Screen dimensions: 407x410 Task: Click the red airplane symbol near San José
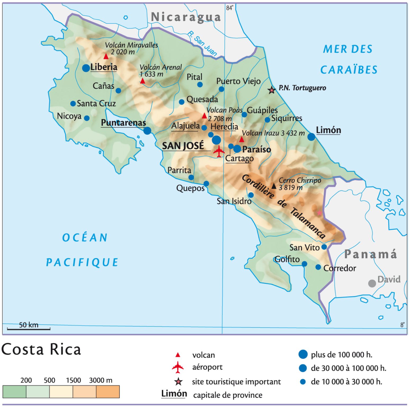click(x=219, y=151)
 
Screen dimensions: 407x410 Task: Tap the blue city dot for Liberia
click(x=86, y=68)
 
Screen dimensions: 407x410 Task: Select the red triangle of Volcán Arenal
click(x=143, y=81)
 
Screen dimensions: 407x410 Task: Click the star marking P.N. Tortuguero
click(x=272, y=90)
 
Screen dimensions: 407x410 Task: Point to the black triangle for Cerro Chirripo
click(x=274, y=186)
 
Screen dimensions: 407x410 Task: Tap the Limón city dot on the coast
click(x=311, y=137)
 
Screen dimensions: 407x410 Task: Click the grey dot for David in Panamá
click(x=372, y=283)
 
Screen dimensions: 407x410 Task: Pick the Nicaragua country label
click(x=186, y=17)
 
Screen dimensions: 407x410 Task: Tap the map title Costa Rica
click(x=41, y=350)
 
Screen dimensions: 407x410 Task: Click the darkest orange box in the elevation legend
click(x=108, y=392)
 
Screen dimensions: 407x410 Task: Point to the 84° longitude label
click(x=229, y=8)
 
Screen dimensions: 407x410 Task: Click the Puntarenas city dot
click(x=147, y=131)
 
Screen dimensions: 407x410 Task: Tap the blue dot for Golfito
click(x=304, y=264)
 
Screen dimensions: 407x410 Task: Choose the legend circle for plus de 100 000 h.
click(x=303, y=354)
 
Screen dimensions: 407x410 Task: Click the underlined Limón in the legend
click(x=174, y=394)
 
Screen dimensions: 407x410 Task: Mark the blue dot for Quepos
click(x=206, y=184)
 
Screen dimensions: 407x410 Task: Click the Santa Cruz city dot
click(x=73, y=104)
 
